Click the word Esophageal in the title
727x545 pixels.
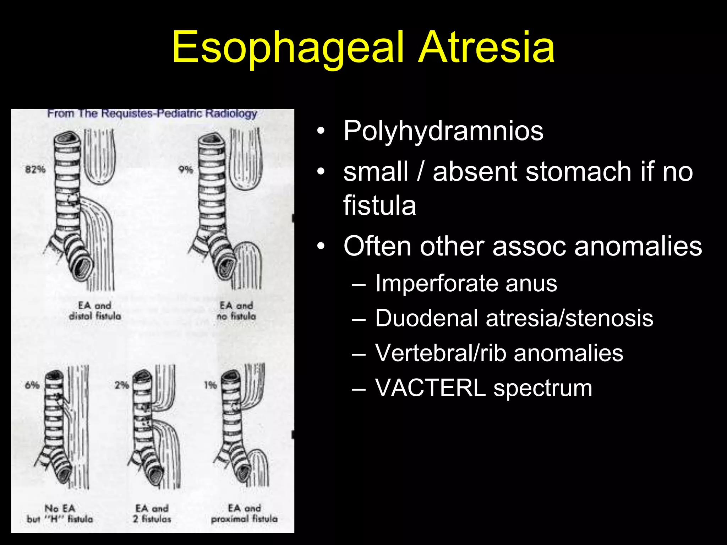tap(288, 48)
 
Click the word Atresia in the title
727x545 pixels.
tap(486, 48)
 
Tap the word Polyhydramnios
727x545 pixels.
tap(443, 131)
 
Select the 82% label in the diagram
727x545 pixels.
tap(35, 170)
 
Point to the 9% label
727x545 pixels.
tap(186, 170)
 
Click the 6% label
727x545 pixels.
tap(32, 385)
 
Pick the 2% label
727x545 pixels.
tap(121, 385)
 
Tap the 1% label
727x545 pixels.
tap(210, 385)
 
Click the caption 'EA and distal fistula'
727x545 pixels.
tap(95, 311)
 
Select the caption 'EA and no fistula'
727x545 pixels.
tap(236, 311)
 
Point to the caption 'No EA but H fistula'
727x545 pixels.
tap(60, 514)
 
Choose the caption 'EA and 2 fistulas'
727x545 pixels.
tap(152, 514)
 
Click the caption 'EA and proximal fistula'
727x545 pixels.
tap(244, 514)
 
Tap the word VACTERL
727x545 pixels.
tap(430, 388)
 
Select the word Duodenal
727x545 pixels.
tap(426, 318)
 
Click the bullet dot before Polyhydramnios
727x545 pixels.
tap(321, 131)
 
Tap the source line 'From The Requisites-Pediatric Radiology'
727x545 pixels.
tap(152, 114)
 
